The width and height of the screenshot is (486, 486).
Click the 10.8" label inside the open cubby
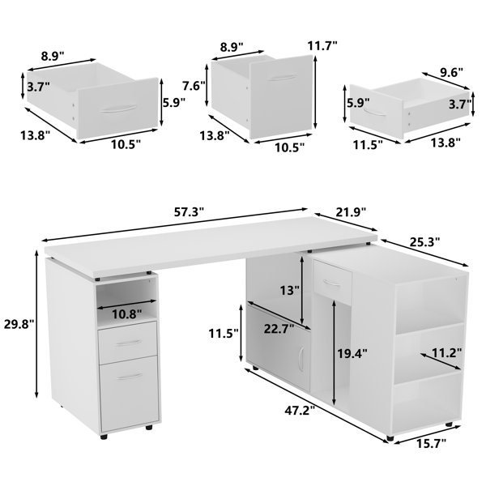point(126,313)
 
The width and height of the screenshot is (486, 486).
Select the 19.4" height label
point(354,353)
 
